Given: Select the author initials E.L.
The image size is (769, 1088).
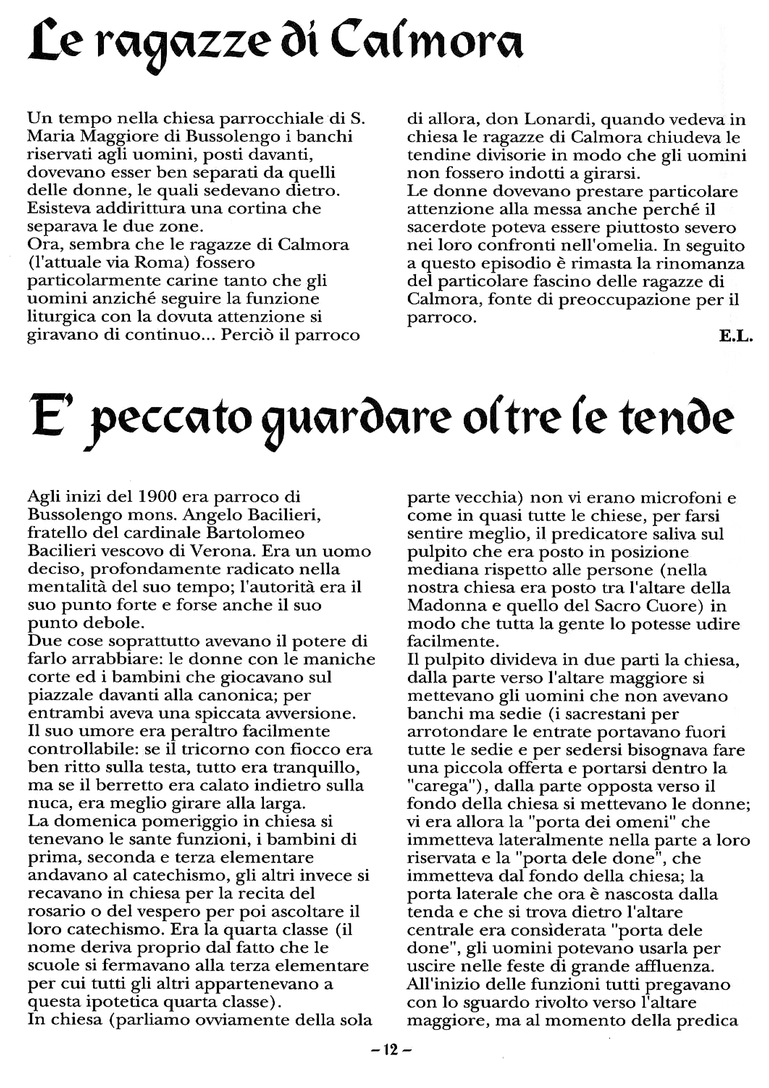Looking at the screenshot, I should click(735, 337).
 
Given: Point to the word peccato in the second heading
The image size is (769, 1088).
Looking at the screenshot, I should click(168, 420).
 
